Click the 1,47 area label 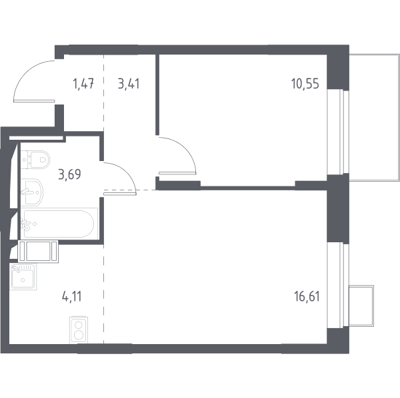pos(84,84)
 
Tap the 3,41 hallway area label pos(129,84)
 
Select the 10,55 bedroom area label pos(305,83)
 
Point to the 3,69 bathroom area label pos(69,174)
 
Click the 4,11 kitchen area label pos(72,297)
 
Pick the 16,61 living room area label pos(307,297)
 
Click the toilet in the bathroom pos(35,160)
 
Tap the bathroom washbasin pos(32,192)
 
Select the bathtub pos(59,224)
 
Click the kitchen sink pos(23,277)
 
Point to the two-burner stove pos(79,331)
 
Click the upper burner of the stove pos(79,325)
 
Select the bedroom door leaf pos(177,173)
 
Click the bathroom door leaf pos(119,194)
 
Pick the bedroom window pos(338,132)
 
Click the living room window pos(338,286)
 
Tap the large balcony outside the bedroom pos(374,117)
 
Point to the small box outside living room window pos(361,305)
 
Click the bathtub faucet pos(27,224)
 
